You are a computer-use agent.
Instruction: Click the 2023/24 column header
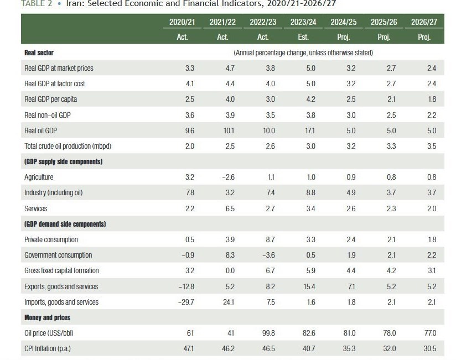(x=303, y=22)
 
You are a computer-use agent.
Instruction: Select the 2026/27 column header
(x=424, y=22)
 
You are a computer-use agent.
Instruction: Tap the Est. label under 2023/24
(x=303, y=37)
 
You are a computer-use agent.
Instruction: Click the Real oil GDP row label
(x=43, y=131)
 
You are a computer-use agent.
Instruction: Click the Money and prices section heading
(x=47, y=318)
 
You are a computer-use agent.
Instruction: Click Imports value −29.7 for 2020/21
(x=185, y=302)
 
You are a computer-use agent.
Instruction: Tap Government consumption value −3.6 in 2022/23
(x=267, y=255)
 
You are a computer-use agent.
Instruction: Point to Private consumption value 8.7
(x=270, y=240)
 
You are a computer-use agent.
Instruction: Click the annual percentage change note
(x=303, y=53)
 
